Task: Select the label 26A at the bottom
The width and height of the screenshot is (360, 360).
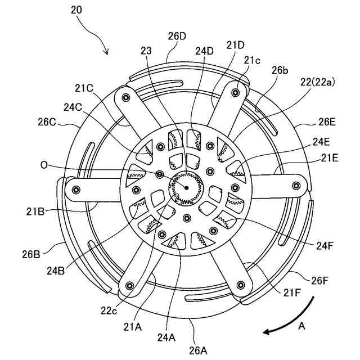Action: click(198, 350)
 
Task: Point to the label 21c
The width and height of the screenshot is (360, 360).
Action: click(251, 60)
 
